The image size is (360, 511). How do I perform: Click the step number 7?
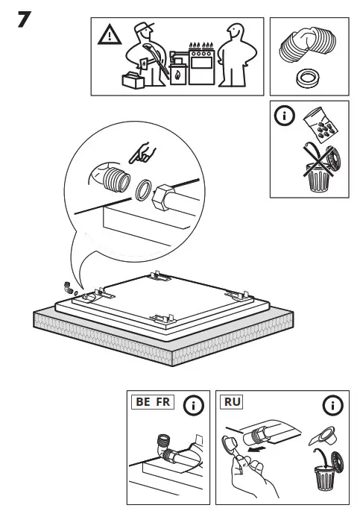[x=24, y=20]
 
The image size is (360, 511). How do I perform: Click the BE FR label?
[x=151, y=402]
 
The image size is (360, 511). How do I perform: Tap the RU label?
[x=233, y=402]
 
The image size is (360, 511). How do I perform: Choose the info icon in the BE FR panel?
[x=194, y=406]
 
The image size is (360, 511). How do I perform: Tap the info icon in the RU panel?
[x=332, y=406]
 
